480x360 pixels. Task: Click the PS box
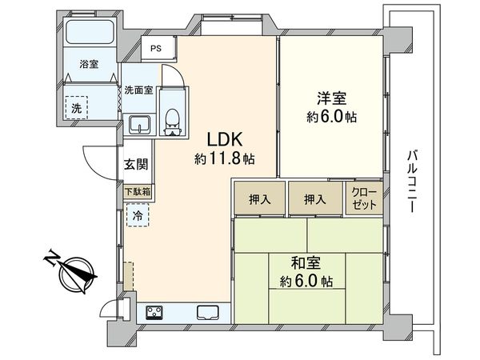[155, 48]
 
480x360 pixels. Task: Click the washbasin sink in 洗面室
[140, 124]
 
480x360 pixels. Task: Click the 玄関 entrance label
[135, 165]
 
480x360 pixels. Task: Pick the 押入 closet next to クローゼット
[314, 199]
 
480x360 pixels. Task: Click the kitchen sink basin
[207, 312]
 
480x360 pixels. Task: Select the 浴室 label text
[88, 64]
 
